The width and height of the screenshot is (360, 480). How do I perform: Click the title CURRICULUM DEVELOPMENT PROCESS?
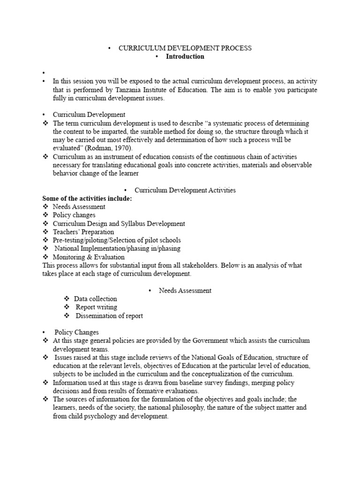tap(185, 48)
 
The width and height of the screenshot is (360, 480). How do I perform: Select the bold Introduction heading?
tap(185, 56)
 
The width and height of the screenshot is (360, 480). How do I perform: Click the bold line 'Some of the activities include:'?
tap(87, 198)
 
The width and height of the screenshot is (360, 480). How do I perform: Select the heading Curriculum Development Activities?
tap(185, 190)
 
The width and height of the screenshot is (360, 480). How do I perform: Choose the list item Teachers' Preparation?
tap(83, 232)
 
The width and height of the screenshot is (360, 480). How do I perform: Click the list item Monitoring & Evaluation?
tap(89, 257)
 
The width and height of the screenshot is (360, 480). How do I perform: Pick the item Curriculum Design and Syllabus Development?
tap(119, 224)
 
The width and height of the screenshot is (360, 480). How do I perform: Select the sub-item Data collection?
tap(95, 299)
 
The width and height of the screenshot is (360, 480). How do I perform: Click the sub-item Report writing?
tap(96, 307)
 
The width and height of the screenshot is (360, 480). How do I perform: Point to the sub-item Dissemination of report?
tap(109, 315)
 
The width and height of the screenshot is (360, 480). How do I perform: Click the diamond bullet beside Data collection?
tap(67, 299)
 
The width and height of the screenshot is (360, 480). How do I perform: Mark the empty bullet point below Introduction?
tap(44, 73)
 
